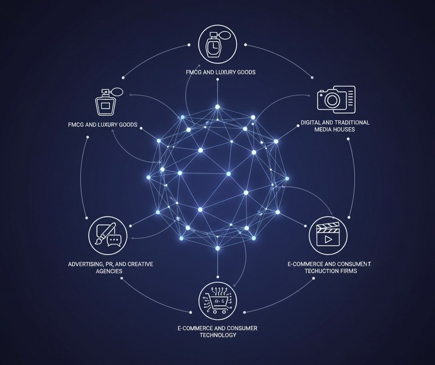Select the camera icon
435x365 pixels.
(x=336, y=99)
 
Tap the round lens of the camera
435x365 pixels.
(x=330, y=101)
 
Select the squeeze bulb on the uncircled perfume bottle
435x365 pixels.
(x=119, y=91)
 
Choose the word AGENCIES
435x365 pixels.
(x=109, y=271)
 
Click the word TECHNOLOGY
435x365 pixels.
(x=218, y=335)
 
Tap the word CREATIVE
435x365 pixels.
(x=138, y=264)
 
